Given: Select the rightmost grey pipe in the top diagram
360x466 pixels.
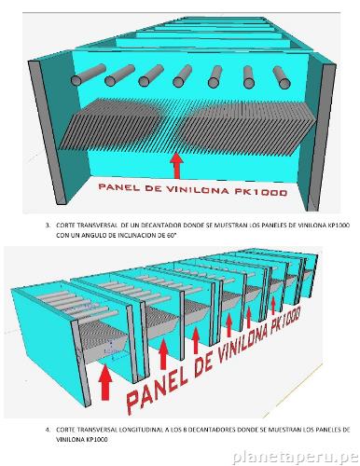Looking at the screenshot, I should click(284, 76).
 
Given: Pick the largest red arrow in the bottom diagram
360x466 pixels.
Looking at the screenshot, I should click(104, 381).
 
